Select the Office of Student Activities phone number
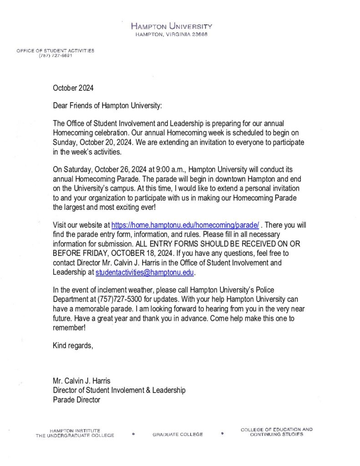click(x=56, y=56)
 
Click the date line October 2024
click(x=73, y=87)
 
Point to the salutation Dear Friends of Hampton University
click(x=107, y=106)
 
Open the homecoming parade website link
click(x=185, y=225)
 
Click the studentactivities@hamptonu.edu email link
click(x=145, y=272)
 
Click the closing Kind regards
click(x=73, y=346)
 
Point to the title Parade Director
click(x=76, y=400)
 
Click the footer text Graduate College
click(x=177, y=435)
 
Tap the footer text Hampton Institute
click(x=75, y=430)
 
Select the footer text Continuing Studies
click(x=276, y=435)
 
